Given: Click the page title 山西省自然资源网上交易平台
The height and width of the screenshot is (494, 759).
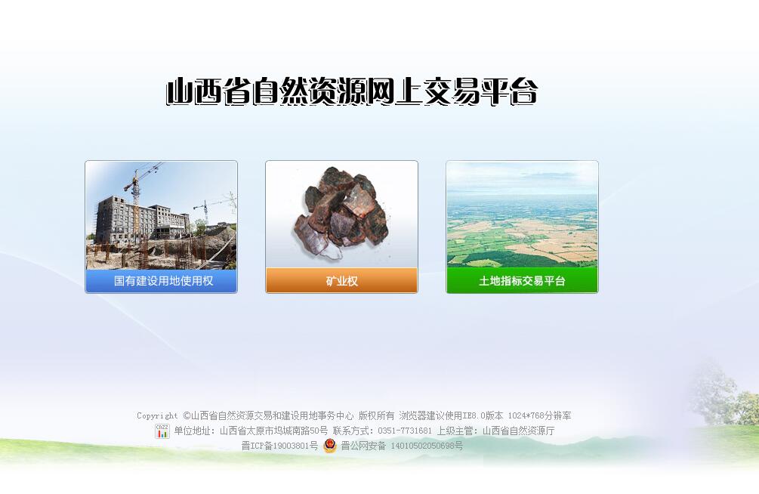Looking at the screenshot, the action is click(352, 91).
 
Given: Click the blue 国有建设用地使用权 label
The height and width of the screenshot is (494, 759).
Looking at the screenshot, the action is click(163, 281).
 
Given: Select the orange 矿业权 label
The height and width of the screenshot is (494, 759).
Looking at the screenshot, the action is click(341, 281).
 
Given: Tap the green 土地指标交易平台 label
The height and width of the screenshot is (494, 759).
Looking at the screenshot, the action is click(522, 281).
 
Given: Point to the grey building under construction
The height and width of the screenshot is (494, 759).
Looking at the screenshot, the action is click(140, 221).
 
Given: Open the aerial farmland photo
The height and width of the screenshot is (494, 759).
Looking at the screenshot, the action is click(522, 215).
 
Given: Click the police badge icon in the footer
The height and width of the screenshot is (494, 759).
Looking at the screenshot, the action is click(329, 445).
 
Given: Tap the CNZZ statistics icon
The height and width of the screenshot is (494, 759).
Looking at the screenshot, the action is click(162, 431).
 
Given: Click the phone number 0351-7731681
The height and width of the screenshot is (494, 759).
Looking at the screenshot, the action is click(405, 431).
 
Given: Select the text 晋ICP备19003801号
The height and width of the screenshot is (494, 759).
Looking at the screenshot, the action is click(279, 446).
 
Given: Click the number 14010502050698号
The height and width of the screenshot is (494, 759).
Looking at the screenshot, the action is click(427, 446).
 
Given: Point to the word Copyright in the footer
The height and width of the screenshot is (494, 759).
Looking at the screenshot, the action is click(157, 415).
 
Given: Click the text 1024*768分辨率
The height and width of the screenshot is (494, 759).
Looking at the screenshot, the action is click(540, 415).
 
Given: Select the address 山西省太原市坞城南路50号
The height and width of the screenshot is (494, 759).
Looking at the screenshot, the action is click(273, 431).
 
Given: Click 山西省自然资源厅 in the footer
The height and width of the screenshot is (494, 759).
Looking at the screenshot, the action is click(518, 431).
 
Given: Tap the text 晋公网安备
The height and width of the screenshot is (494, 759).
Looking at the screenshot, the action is click(363, 446).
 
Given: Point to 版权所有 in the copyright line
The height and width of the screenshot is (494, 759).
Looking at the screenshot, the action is click(377, 415).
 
